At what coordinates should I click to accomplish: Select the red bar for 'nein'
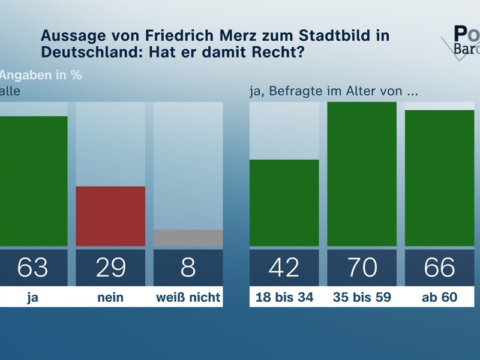pos(110,216)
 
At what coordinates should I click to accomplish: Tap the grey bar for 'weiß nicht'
pos(188,238)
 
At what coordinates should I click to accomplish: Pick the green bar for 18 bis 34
pos(284,203)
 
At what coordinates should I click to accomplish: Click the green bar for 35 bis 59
pos(362,174)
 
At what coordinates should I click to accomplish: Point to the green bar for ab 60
pos(439,178)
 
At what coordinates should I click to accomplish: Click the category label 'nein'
pos(110,297)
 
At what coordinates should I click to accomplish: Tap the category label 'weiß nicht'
pos(188,297)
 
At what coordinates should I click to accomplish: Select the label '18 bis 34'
pos(284,297)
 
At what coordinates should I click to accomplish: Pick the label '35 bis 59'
pos(362,297)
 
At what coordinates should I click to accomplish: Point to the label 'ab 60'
pos(439,297)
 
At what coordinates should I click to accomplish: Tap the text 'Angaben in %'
pos(41,76)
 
